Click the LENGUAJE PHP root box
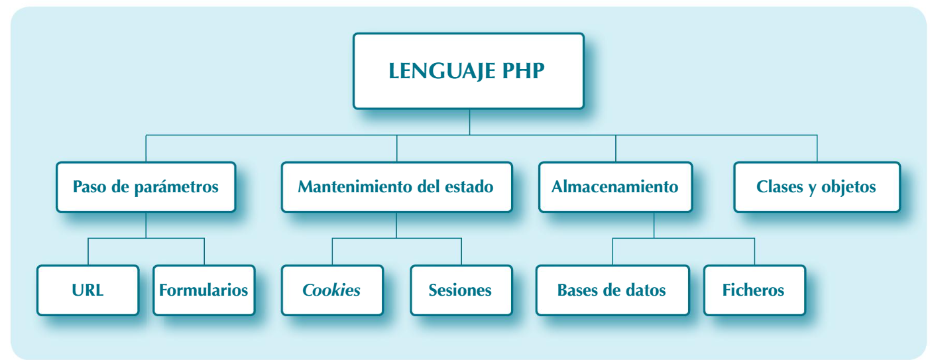[x=468, y=71]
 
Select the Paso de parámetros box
[x=146, y=187]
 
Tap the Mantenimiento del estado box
[x=396, y=187]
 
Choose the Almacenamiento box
[x=615, y=187]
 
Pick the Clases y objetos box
[x=817, y=187]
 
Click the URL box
[x=88, y=290]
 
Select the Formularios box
[x=204, y=290]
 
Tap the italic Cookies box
[x=332, y=290]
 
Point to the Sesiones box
[x=461, y=290]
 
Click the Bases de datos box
[x=612, y=290]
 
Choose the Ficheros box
[x=754, y=290]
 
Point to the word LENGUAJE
[x=437, y=71]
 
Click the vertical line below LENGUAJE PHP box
[x=469, y=122]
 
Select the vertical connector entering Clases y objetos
[x=817, y=149]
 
